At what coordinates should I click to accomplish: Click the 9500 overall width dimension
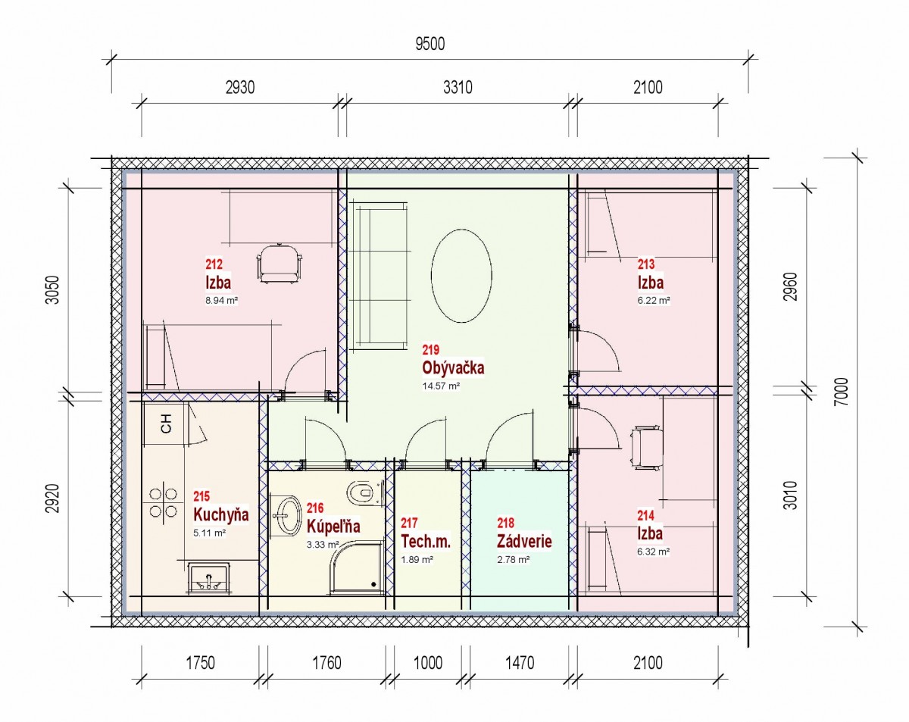[x=430, y=44]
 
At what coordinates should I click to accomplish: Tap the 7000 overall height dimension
[x=841, y=392]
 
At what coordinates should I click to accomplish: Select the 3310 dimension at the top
[x=458, y=87]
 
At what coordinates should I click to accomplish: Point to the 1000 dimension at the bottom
[x=427, y=663]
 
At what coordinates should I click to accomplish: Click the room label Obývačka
[x=453, y=367]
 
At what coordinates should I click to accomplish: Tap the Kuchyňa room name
[x=221, y=514]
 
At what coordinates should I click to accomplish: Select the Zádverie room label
[x=524, y=541]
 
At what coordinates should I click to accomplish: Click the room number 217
[x=409, y=524]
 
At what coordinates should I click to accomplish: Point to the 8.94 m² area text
[x=221, y=300]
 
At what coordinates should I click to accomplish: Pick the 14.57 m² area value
[x=441, y=386]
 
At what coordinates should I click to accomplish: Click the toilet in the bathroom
[x=364, y=492]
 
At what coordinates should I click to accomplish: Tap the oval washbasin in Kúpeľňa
[x=286, y=516]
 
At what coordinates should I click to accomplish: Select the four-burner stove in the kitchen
[x=163, y=502]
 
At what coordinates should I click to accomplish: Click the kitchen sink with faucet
[x=208, y=578]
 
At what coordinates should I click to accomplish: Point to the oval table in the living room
[x=461, y=276]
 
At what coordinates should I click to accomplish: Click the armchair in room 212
[x=280, y=264]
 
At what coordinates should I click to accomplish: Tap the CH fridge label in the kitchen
[x=167, y=424]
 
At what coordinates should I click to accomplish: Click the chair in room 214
[x=647, y=448]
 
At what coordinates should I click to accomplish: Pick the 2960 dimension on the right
[x=790, y=287]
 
